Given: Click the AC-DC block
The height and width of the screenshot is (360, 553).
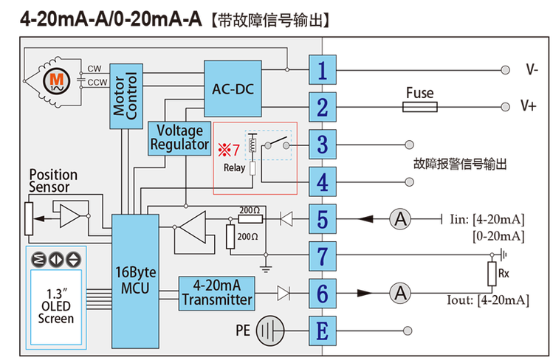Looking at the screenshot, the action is point(233,89).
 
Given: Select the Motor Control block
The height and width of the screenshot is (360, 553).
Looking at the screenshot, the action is point(126,96).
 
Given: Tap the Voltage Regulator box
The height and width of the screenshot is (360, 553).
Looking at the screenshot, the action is point(179,139).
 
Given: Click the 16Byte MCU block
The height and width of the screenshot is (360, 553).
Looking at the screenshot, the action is point(135,281).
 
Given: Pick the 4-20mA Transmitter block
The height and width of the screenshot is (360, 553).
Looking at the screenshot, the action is point(216,294).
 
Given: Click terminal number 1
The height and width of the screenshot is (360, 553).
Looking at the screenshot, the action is point(323,70).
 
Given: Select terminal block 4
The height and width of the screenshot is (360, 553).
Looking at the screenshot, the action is point(323,181).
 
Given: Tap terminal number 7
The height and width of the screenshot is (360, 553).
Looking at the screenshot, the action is point(323,256).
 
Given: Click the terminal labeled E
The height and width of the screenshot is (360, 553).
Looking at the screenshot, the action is point(323,330).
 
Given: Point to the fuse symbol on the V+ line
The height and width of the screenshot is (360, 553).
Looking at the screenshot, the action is point(419,107).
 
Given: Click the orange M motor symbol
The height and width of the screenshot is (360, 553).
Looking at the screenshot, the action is point(56,81).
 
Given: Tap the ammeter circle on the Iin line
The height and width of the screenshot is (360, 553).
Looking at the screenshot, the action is point(400,219).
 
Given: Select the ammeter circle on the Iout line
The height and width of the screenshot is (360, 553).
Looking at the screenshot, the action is point(400,293).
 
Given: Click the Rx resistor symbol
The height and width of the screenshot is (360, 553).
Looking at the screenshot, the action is point(492,274).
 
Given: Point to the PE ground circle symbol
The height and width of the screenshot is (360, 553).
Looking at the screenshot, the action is point(269,330).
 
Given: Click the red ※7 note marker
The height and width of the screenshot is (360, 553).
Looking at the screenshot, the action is point(229,150).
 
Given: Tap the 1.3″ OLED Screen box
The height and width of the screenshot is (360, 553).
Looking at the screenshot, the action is point(56,307).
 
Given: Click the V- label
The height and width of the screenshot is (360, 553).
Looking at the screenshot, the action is point(532,69).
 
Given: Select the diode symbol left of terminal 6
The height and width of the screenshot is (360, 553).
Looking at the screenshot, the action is point(284,293).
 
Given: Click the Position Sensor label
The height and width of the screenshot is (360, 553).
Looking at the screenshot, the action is point(53,181).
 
